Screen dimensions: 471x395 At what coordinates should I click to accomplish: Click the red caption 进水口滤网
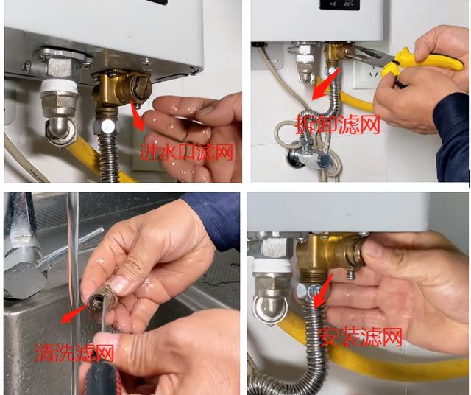point(187,152)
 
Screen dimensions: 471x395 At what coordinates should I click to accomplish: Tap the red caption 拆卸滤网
point(338,124)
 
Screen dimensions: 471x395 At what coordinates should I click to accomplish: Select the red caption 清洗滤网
point(75,352)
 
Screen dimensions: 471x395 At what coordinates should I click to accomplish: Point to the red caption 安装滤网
point(361,337)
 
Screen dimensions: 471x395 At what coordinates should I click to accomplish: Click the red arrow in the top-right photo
point(326,83)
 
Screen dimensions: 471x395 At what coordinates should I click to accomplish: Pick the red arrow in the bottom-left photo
point(74,315)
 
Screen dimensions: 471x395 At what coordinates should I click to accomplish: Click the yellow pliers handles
point(420,65)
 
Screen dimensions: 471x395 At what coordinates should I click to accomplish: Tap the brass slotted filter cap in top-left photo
point(141,87)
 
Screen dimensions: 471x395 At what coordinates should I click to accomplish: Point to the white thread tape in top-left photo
point(60,86)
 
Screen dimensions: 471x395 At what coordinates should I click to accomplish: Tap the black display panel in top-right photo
point(340,4)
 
